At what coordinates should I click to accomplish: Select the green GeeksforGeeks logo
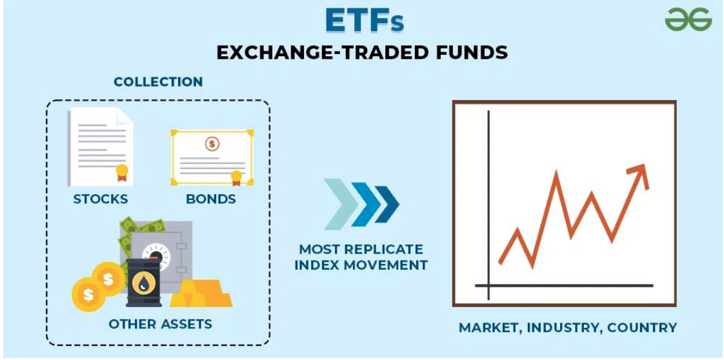tap(689, 21)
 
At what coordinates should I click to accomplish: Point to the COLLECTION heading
tap(158, 82)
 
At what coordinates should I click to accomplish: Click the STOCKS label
tap(101, 199)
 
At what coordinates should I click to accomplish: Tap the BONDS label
tap(211, 199)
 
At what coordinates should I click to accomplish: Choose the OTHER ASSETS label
tap(160, 323)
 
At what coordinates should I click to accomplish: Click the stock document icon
tap(100, 147)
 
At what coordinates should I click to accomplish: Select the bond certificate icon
tap(212, 157)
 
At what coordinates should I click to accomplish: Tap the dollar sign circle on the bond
tap(212, 144)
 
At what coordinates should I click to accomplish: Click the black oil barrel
tap(144, 283)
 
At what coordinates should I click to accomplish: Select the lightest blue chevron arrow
tap(341, 204)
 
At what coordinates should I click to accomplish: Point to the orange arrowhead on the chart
tap(639, 175)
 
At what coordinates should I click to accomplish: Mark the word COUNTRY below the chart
tap(642, 328)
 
